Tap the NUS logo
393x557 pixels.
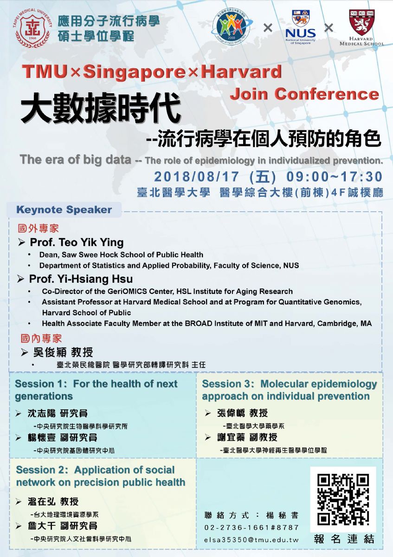300,27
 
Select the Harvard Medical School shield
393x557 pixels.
361,22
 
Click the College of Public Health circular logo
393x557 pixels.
232,26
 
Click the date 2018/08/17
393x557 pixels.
196,177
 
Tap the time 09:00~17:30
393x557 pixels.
334,177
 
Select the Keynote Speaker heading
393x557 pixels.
64,210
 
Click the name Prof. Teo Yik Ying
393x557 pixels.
77,242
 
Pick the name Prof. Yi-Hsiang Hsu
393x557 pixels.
81,279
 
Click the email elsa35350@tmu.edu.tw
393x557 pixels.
251,540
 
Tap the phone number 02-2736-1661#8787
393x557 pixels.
251,527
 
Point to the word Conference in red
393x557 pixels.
326,94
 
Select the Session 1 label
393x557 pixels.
39,384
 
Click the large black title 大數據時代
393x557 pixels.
101,109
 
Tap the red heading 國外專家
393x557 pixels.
39,228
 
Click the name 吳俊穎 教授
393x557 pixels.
63,352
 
